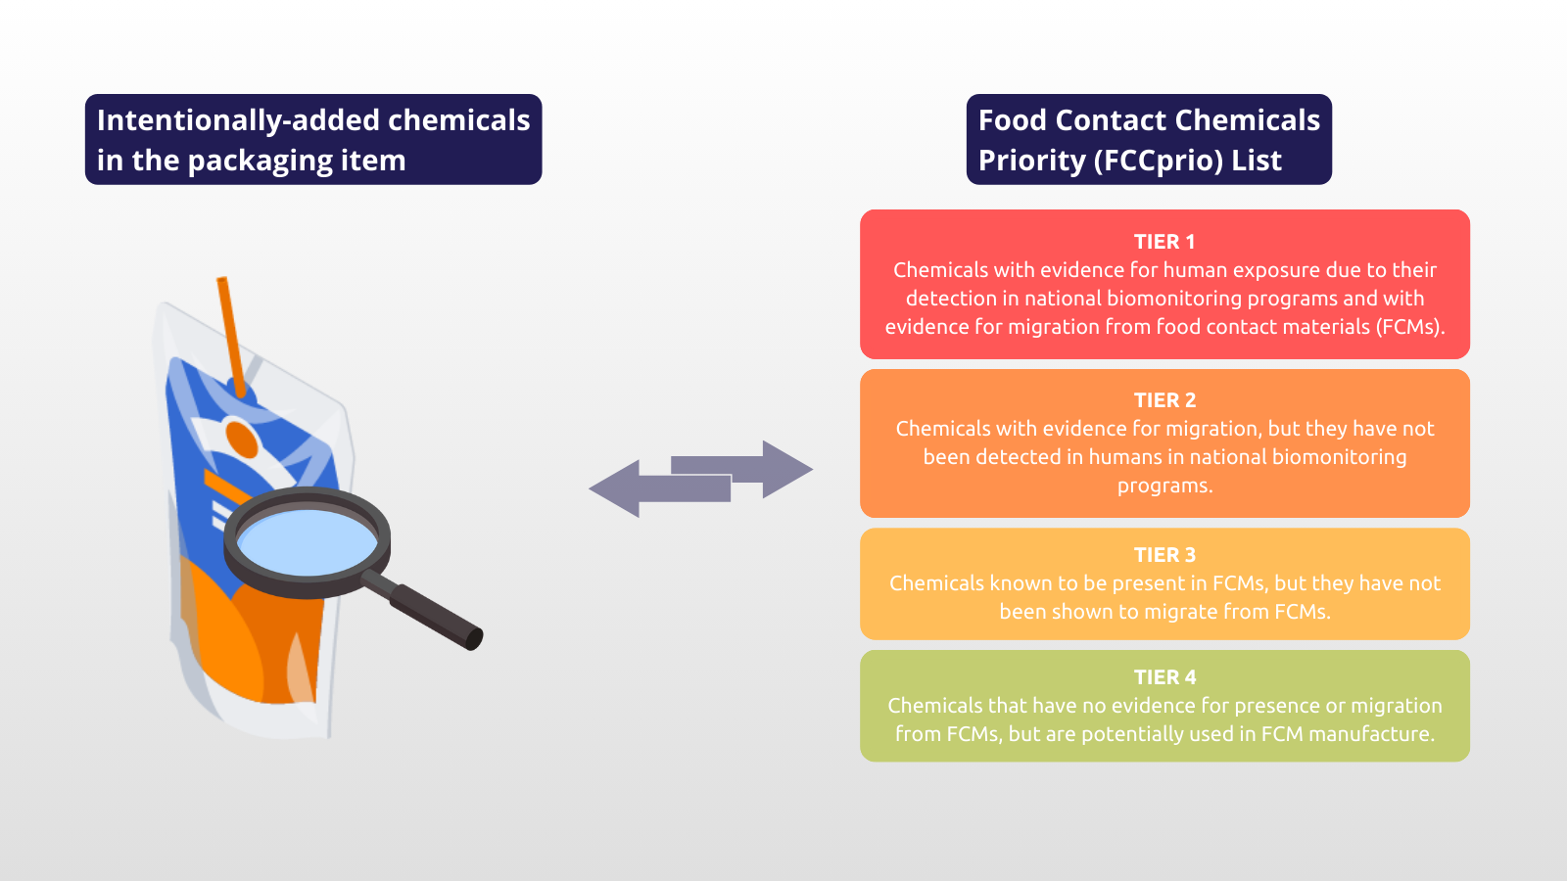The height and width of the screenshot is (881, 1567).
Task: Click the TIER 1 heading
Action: pos(1164,242)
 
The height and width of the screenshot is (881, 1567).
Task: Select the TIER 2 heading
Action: pos(1164,400)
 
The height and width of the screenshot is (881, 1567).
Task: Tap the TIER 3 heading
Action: pos(1164,554)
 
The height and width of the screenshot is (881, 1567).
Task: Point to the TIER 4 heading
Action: pos(1164,676)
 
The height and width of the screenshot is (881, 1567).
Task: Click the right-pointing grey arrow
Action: pos(741,469)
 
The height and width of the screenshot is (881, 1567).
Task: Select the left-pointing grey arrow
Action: pos(660,488)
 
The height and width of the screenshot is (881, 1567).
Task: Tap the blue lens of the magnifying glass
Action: pos(308,542)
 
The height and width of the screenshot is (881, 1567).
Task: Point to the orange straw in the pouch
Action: pos(231,337)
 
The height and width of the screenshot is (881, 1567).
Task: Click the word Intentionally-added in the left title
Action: pos(238,120)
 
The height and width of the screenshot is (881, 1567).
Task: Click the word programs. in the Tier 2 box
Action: pos(1164,486)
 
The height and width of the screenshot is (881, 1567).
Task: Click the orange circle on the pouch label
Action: pos(241,440)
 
